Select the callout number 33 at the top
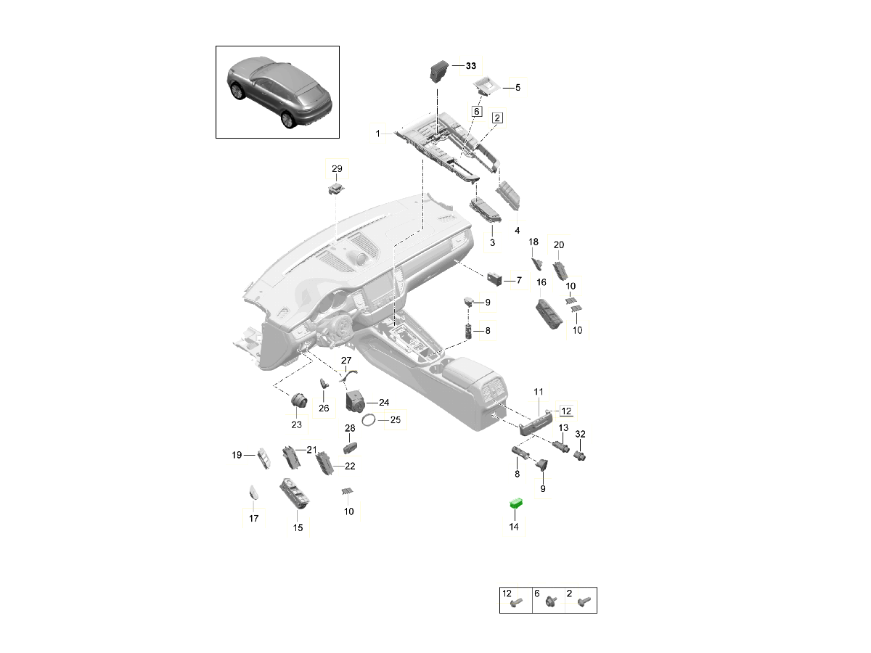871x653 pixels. pyautogui.click(x=470, y=66)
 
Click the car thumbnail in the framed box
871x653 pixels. pyautogui.click(x=278, y=92)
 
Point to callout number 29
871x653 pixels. pyautogui.click(x=337, y=168)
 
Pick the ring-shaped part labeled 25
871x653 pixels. pyautogui.click(x=369, y=419)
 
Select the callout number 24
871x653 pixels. pyautogui.click(x=383, y=402)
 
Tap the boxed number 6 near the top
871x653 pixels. pyautogui.click(x=476, y=112)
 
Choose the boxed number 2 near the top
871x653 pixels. pyautogui.click(x=497, y=117)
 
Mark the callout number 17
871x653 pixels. pyautogui.click(x=253, y=518)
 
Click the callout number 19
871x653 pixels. pyautogui.click(x=237, y=455)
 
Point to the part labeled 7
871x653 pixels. pyautogui.click(x=495, y=279)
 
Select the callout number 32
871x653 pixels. pyautogui.click(x=580, y=434)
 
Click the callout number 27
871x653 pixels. pyautogui.click(x=346, y=361)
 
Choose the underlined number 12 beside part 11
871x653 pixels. pyautogui.click(x=566, y=411)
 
